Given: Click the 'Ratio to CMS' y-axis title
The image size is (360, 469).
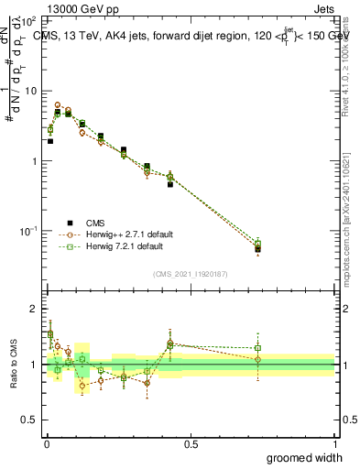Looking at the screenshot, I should (13, 365).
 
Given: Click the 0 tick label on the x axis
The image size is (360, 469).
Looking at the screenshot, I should (47, 444).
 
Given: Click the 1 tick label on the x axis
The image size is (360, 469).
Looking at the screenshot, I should (334, 444).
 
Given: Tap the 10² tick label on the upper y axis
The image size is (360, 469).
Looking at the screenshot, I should (30, 21).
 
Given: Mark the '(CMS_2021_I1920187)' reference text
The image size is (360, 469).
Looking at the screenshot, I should (191, 273).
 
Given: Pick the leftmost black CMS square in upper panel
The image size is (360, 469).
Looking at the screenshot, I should (50, 141).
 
